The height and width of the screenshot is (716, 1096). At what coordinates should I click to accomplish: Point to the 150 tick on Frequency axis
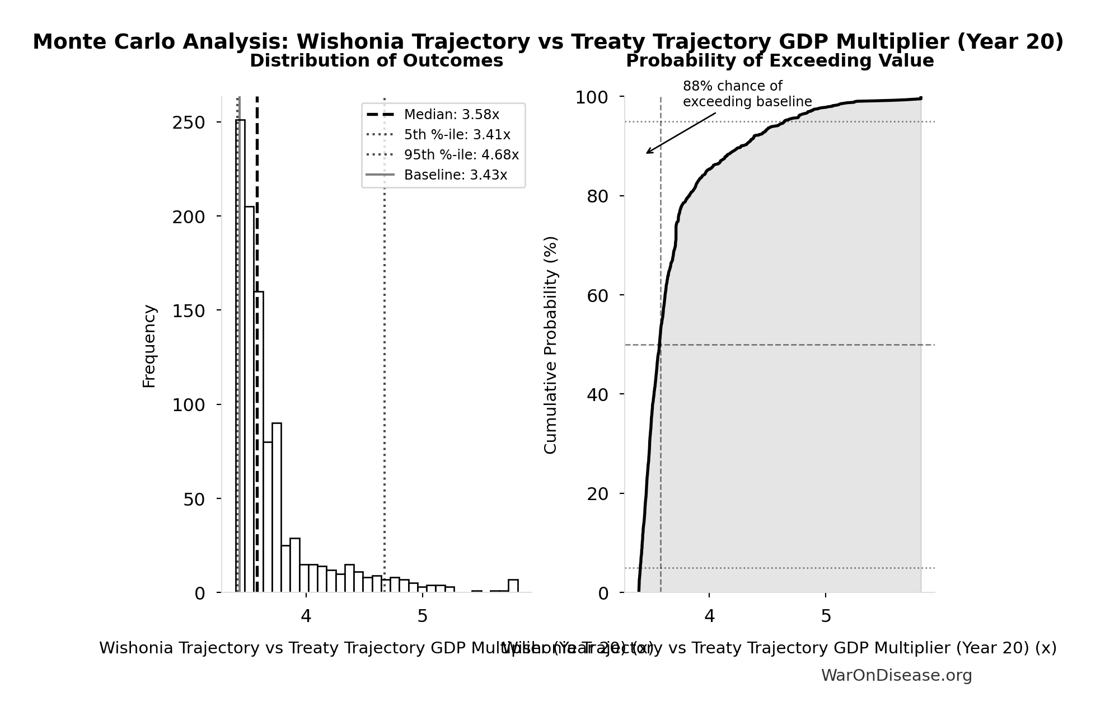point(188,310)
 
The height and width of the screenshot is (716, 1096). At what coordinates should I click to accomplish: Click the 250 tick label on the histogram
point(188,123)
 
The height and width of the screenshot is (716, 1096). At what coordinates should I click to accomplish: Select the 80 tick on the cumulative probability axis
point(597,196)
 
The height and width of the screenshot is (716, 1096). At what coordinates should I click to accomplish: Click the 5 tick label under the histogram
point(423,616)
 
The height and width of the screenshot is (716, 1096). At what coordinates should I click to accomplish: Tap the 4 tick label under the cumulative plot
point(709,616)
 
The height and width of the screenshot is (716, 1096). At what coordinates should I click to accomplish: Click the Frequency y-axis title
point(149,346)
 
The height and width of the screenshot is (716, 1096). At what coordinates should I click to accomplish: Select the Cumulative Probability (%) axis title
point(551,345)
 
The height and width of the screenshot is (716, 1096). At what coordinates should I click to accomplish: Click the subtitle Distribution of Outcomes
point(376,60)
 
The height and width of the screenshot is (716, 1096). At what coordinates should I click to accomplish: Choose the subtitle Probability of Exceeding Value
point(779,60)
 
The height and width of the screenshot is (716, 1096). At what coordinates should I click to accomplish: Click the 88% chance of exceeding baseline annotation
point(746,94)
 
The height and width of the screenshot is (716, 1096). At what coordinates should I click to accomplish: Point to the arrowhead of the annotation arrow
point(648,153)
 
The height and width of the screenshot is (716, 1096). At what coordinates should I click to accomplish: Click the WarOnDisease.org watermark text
point(896,675)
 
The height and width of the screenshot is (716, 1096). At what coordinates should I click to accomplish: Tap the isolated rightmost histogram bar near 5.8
point(513,586)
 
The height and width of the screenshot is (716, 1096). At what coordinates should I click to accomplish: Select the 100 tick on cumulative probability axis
point(592,97)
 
